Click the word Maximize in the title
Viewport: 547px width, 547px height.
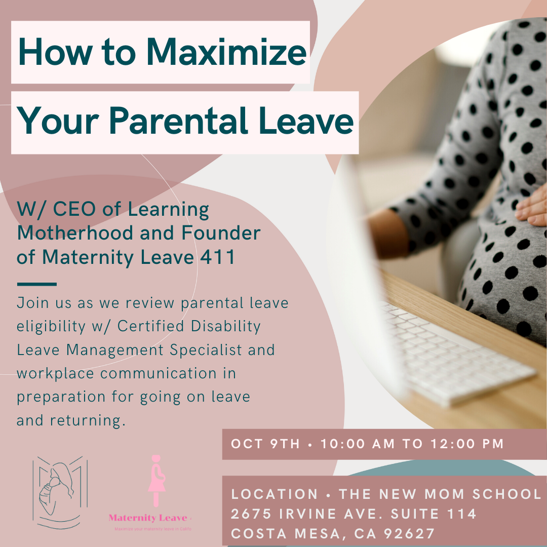(226, 52)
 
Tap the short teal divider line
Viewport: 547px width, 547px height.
(36, 284)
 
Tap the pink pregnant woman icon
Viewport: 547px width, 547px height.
(156, 480)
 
